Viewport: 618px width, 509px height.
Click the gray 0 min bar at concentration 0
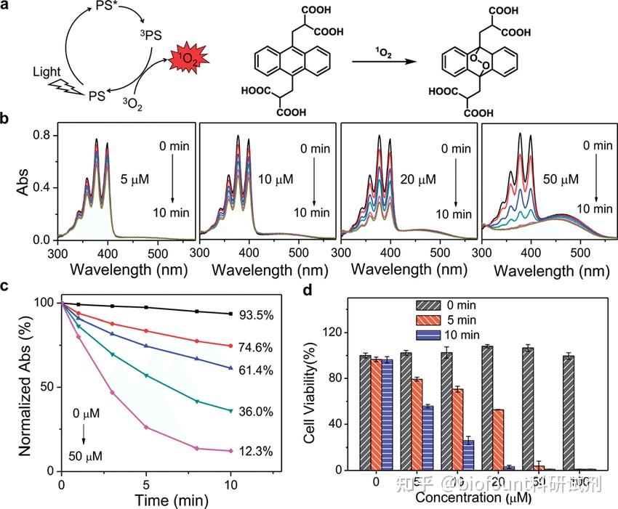point(366,413)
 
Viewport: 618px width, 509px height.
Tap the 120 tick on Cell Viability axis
point(339,332)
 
